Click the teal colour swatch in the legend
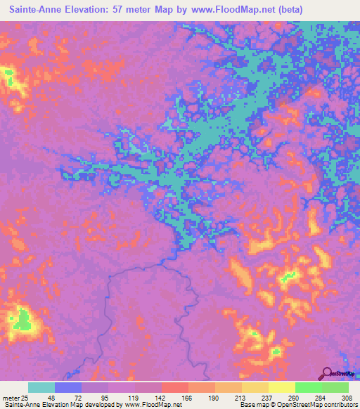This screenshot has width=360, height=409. tap(41, 388)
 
